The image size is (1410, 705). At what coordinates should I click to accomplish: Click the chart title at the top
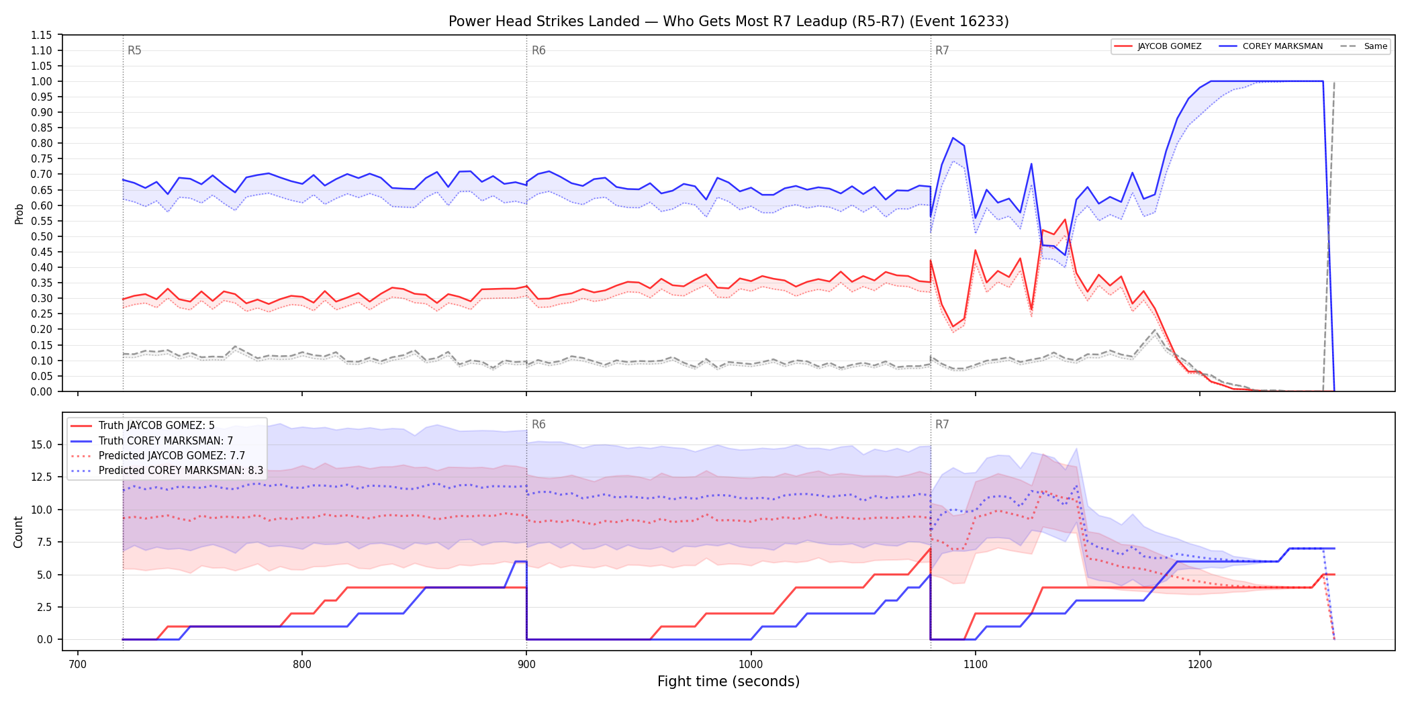coord(728,21)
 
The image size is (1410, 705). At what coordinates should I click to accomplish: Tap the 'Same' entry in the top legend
coord(1364,46)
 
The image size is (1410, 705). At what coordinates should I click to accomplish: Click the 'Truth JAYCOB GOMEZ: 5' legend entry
coord(142,426)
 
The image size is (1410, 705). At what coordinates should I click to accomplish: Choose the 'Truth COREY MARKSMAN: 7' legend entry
coord(152,440)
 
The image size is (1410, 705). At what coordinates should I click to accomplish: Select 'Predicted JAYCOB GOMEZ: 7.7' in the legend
coord(158,455)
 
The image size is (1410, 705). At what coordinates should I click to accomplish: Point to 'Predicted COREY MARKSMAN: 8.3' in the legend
coord(167,470)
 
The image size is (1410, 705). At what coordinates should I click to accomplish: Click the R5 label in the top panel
coord(134,50)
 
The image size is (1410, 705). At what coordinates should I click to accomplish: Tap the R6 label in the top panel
coord(538,50)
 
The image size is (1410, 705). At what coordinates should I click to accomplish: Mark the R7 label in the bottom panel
coord(942,424)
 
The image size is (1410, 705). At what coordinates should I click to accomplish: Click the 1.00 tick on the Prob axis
coord(41,81)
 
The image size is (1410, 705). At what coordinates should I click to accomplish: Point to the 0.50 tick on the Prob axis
coord(41,236)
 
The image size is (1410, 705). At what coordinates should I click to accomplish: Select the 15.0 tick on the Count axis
coord(42,444)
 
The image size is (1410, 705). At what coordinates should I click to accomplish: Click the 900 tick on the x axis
coord(526,665)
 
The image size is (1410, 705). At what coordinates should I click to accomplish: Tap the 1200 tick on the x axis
coord(1200,665)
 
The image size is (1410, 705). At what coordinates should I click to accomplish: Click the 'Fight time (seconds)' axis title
coord(728,681)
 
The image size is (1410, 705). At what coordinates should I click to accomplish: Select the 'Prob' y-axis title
coord(19,214)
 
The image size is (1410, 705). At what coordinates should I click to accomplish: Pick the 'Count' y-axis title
coord(18,532)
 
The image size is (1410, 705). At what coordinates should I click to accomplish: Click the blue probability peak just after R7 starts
coord(953,138)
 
